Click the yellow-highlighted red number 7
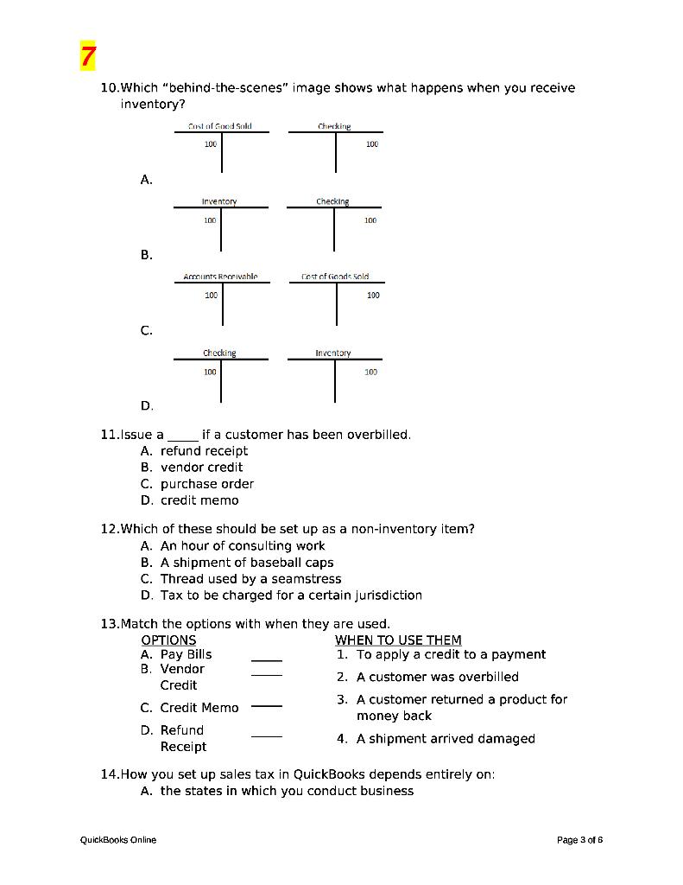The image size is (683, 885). [x=87, y=57]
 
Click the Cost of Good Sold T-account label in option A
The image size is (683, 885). [x=220, y=126]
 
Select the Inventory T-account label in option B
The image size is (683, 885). [x=219, y=201]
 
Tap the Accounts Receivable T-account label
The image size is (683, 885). [x=220, y=277]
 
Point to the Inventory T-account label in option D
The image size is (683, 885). [x=333, y=353]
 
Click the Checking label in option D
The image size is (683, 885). [x=219, y=353]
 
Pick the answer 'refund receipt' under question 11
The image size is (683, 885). [x=204, y=450]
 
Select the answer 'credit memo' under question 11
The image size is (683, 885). [x=199, y=500]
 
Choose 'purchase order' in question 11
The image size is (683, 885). [x=207, y=483]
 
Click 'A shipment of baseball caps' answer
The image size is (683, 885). [x=247, y=562]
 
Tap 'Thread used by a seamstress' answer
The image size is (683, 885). [x=250, y=578]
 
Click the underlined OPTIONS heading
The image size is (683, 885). [x=168, y=640]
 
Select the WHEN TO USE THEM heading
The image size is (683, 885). [x=398, y=640]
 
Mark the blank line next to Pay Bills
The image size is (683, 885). [x=267, y=659]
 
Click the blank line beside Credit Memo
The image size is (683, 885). [x=267, y=706]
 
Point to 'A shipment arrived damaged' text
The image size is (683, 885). [x=446, y=738]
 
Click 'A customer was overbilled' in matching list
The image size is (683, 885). [x=437, y=677]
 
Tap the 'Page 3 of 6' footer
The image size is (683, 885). [x=579, y=839]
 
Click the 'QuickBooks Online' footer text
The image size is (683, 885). [x=118, y=839]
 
